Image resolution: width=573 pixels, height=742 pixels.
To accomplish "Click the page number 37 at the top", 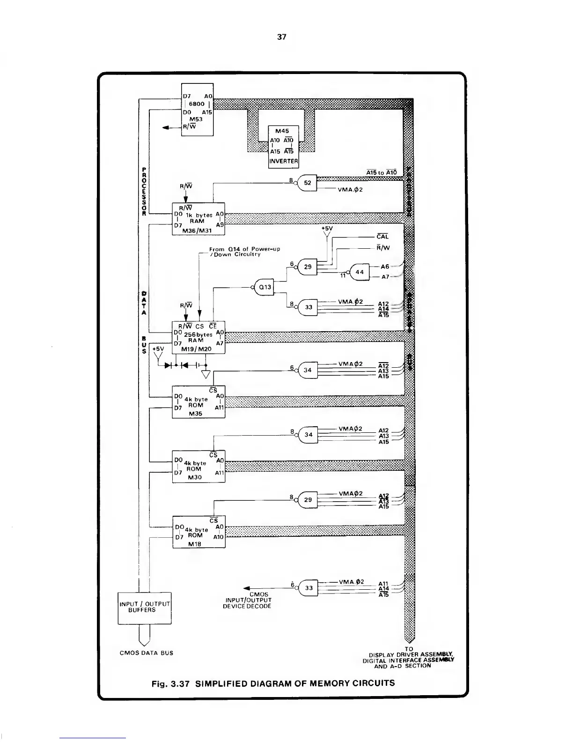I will click(281, 37).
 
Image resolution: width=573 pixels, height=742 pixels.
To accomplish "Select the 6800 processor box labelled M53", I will click(197, 109).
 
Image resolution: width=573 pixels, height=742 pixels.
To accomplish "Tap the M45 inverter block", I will click(283, 146).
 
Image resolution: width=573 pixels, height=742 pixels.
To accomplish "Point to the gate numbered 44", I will click(359, 272).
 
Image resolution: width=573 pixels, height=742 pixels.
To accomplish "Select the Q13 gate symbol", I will click(264, 287).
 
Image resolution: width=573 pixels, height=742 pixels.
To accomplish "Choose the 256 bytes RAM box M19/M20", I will click(198, 337).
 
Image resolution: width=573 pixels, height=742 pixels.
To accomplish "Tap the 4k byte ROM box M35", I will click(198, 402).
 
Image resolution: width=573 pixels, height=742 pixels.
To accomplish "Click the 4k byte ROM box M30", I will click(198, 467).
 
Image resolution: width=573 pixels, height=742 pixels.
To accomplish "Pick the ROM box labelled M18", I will click(198, 532).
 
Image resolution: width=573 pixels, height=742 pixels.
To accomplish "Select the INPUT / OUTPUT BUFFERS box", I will click(144, 608).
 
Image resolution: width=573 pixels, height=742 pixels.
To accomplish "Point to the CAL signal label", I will click(382, 237).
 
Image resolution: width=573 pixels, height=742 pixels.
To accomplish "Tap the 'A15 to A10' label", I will click(382, 172).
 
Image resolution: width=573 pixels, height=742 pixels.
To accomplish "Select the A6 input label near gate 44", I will click(385, 267).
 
